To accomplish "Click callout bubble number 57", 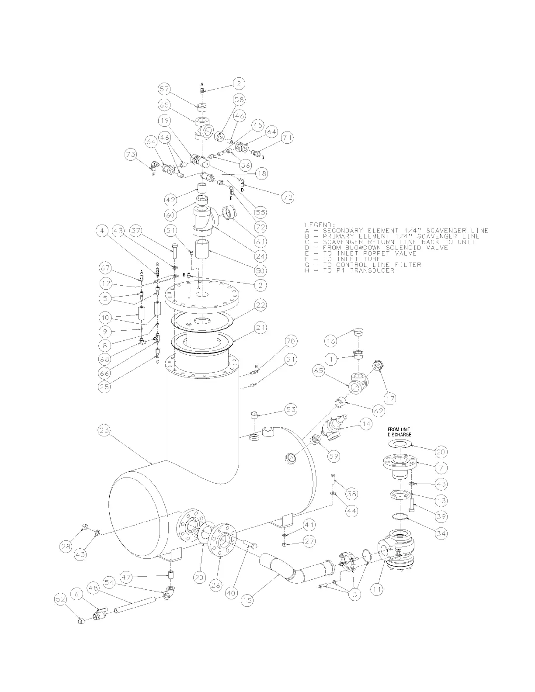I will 164,89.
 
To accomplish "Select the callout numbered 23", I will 104,431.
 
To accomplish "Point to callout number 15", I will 247,601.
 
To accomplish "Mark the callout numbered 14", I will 366,423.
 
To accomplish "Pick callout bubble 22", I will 261,305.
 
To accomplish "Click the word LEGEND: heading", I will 320,225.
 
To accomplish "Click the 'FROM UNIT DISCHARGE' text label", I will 400,432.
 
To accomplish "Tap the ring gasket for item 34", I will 402,518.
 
